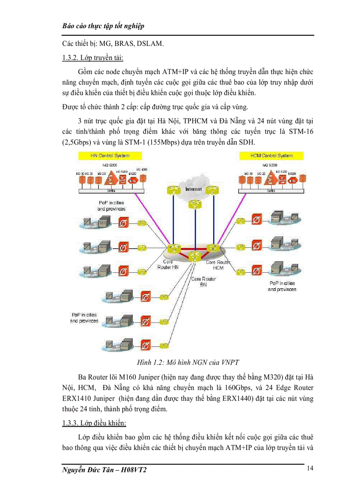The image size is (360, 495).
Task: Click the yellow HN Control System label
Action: [x=110, y=156]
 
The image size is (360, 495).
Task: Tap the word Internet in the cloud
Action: [x=193, y=189]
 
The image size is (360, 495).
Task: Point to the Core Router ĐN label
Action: [x=203, y=282]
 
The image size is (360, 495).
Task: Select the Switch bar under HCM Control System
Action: [x=271, y=191]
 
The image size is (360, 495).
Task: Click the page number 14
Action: [x=310, y=468]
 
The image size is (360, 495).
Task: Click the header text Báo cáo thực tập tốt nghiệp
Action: [x=104, y=26]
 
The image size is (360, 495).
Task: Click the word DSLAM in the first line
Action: [x=151, y=44]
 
